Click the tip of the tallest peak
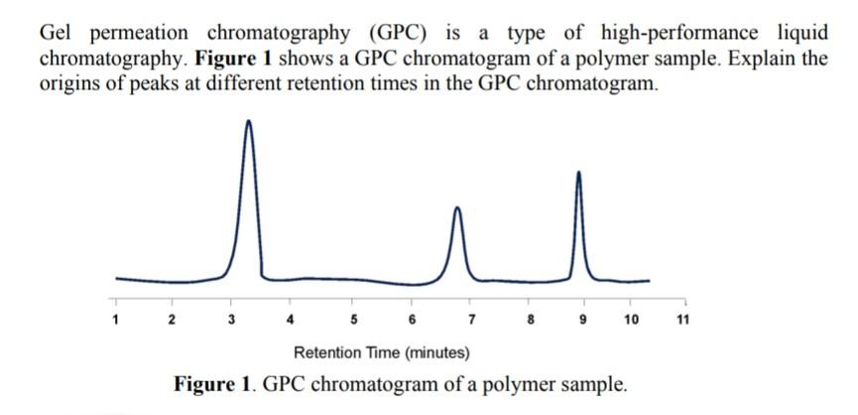pyautogui.click(x=248, y=121)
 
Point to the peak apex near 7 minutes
pyautogui.click(x=456, y=208)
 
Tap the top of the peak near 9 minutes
pyautogui.click(x=578, y=173)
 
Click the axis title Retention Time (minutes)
pyautogui.click(x=382, y=352)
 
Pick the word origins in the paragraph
pyautogui.click(x=72, y=81)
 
